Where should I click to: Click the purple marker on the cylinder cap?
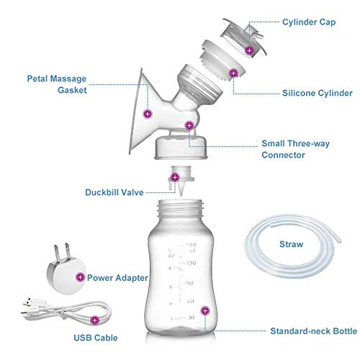(x=249, y=50)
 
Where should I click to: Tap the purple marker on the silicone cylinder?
(x=233, y=73)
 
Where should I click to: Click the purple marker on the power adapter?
(x=79, y=276)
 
